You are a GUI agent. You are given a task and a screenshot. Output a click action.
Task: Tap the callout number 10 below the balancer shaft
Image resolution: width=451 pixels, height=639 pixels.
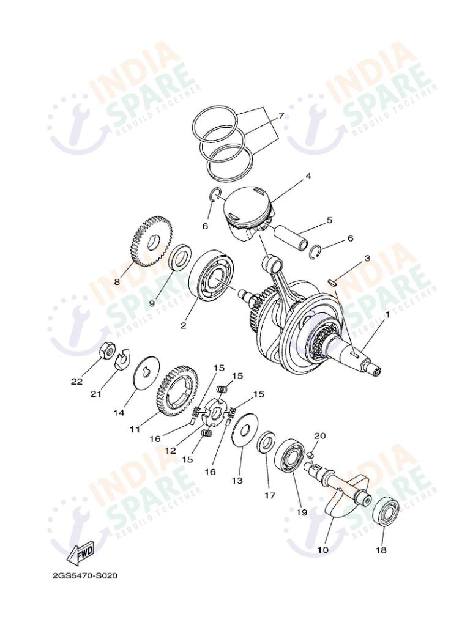(322, 549)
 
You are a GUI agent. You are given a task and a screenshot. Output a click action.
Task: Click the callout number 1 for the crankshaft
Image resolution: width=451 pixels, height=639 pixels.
(387, 315)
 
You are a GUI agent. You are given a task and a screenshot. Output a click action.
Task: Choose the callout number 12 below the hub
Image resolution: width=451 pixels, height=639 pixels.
(170, 450)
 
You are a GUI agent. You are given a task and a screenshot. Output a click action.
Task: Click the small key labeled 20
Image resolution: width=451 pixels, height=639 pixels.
(310, 454)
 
